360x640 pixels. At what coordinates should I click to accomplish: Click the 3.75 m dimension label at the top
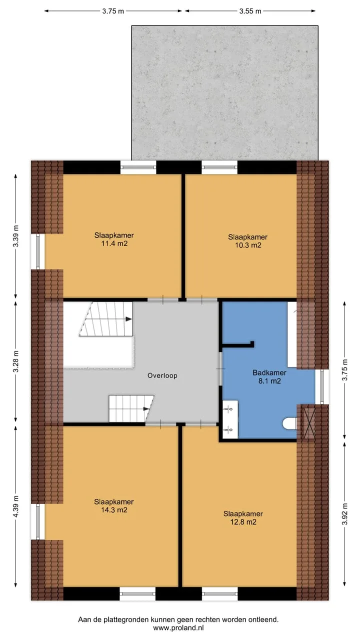(113, 11)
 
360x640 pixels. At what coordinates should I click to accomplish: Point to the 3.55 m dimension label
(250, 11)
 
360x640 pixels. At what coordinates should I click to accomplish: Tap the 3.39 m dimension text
(16, 236)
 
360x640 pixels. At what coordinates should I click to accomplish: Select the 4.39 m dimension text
(16, 506)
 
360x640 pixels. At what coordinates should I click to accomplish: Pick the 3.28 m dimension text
(16, 361)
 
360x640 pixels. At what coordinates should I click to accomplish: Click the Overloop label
(162, 375)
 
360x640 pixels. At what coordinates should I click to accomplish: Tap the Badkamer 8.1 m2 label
(269, 376)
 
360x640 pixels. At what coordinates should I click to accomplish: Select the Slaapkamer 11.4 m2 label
(114, 239)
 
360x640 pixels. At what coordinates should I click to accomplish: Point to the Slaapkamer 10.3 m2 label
(247, 241)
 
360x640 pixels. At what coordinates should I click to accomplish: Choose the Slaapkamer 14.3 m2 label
(114, 505)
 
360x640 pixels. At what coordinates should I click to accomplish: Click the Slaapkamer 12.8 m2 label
(243, 517)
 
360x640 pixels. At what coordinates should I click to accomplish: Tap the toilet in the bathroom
(289, 423)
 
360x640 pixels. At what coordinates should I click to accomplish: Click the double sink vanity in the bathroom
(230, 419)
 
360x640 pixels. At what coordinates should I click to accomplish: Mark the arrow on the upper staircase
(128, 319)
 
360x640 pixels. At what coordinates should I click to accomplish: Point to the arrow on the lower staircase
(145, 409)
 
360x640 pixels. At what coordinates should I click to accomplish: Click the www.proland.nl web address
(178, 627)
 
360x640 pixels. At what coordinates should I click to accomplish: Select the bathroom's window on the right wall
(322, 386)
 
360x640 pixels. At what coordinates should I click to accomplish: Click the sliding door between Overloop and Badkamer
(220, 369)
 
